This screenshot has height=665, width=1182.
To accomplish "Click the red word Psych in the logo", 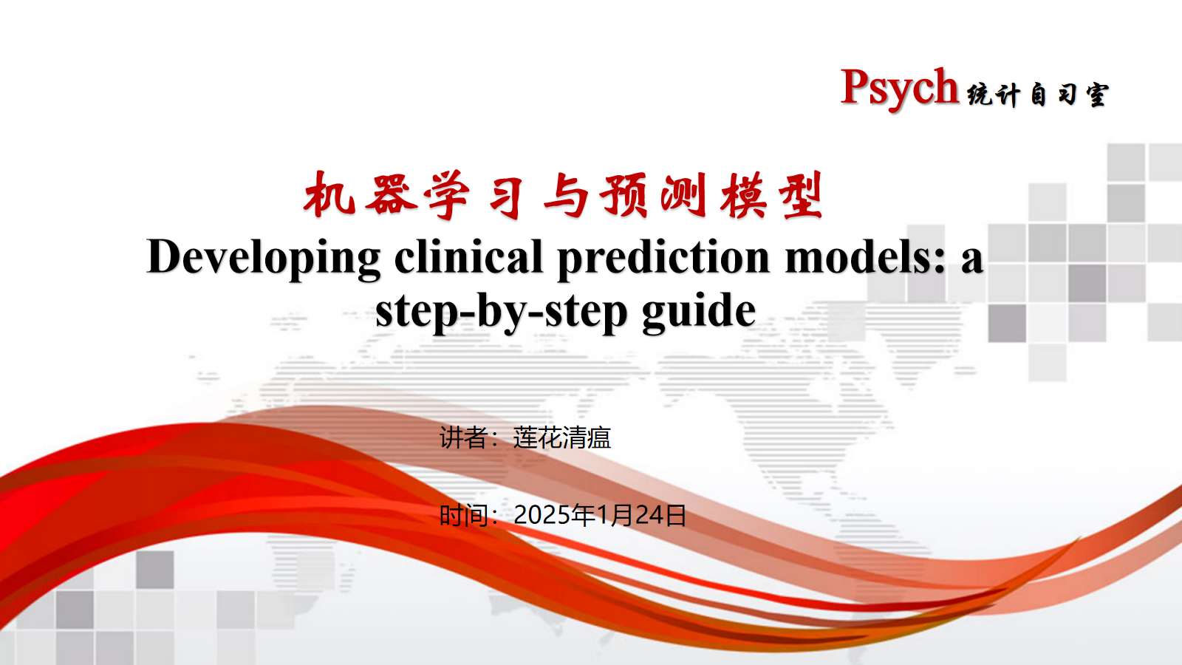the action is [899, 88].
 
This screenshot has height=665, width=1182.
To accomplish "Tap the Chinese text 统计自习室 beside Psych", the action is [1037, 95].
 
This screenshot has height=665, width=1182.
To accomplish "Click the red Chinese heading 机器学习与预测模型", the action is [563, 194].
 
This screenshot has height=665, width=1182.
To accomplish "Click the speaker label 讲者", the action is [463, 437].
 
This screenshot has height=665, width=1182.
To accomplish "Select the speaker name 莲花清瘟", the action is [562, 437].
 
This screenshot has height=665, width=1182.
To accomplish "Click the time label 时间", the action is [463, 516].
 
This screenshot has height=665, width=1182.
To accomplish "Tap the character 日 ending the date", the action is [675, 516].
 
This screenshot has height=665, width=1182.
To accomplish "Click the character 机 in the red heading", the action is [329, 194].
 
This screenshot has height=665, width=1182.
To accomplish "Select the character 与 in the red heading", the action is [565, 195].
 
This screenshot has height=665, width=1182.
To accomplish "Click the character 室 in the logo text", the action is [1097, 95].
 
